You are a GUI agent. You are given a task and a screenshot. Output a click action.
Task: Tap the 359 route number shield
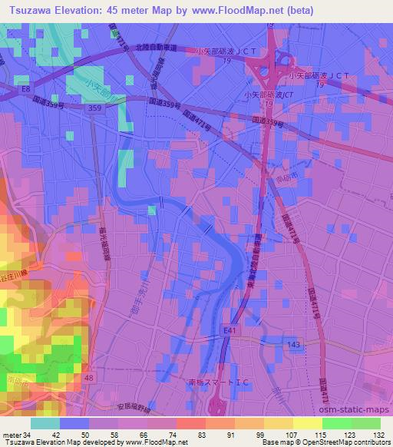pyautogui.click(x=94, y=110)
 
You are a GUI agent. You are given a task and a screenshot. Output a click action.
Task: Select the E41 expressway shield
pyautogui.click(x=229, y=329)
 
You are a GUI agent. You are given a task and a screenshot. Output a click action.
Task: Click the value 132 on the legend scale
pyautogui.click(x=379, y=433)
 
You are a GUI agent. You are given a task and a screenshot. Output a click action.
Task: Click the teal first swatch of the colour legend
pyautogui.click(x=45, y=422)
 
